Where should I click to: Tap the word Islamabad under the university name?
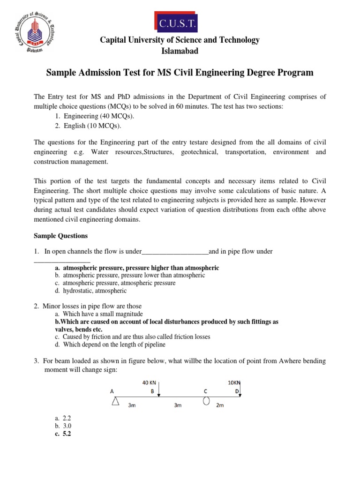[x=180, y=51]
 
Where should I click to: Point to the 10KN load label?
[x=233, y=382]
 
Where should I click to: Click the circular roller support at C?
[x=206, y=401]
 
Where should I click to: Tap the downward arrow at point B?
[x=160, y=389]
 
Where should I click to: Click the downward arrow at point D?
[x=240, y=389]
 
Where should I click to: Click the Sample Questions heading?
[x=61, y=236]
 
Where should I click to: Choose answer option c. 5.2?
[x=63, y=434]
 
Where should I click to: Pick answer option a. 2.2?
[x=63, y=418]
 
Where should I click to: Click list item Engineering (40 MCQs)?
[x=92, y=116]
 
